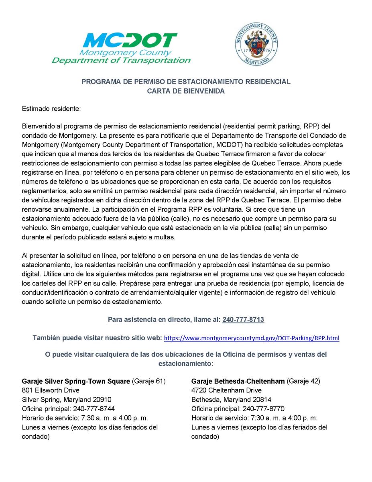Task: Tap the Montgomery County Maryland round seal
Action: (256, 45)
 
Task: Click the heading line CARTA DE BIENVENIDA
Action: (186, 91)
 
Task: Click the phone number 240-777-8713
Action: (243, 320)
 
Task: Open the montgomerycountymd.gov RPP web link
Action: (252, 338)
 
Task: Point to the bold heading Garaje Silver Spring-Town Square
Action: (76, 381)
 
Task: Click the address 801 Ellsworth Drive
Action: (51, 390)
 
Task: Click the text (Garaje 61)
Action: (149, 381)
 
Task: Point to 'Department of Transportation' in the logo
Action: (121, 61)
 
